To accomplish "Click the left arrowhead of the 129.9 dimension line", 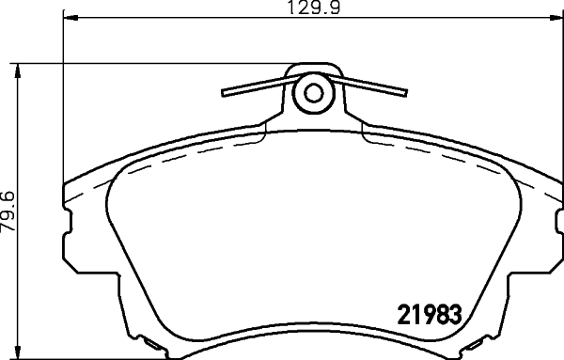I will pos(68,17).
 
